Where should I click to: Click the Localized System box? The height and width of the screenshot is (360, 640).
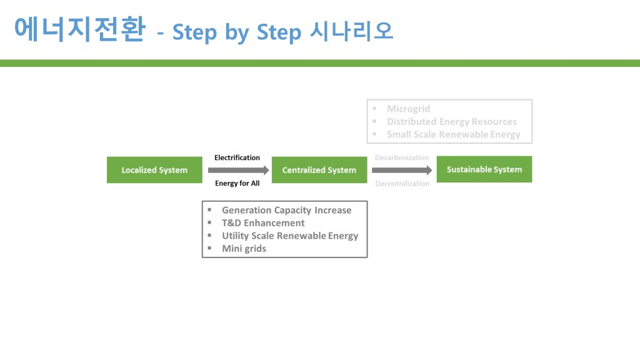pyautogui.click(x=154, y=170)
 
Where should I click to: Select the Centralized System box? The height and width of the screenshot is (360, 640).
pyautogui.click(x=319, y=170)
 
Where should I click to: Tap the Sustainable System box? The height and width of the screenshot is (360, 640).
pyautogui.click(x=484, y=169)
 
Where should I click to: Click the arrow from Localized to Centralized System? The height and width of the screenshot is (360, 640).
pyautogui.click(x=238, y=170)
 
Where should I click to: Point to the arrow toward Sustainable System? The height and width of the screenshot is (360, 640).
pyautogui.click(x=402, y=170)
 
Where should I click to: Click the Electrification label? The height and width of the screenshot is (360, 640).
pyautogui.click(x=237, y=157)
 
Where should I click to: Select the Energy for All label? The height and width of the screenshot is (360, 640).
pyautogui.click(x=237, y=183)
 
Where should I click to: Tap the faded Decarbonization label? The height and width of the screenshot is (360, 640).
pyautogui.click(x=402, y=157)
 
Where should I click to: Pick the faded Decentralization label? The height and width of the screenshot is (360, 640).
pyautogui.click(x=402, y=184)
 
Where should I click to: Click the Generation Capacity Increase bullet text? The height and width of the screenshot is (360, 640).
pyautogui.click(x=286, y=210)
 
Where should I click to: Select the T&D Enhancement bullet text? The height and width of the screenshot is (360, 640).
pyautogui.click(x=263, y=222)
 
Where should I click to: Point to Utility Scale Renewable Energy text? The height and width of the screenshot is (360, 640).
pyautogui.click(x=290, y=236)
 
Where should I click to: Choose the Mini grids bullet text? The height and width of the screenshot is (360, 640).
pyautogui.click(x=244, y=248)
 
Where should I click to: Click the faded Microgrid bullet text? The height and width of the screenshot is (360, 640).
pyautogui.click(x=408, y=109)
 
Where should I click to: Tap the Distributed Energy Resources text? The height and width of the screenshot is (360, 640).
pyautogui.click(x=451, y=121)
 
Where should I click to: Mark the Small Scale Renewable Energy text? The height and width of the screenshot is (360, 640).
pyautogui.click(x=453, y=134)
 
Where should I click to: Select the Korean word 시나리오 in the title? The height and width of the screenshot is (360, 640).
pyautogui.click(x=351, y=32)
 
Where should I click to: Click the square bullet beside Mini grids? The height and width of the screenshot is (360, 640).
pyautogui.click(x=209, y=248)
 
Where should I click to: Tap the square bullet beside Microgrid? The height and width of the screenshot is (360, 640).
pyautogui.click(x=374, y=109)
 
